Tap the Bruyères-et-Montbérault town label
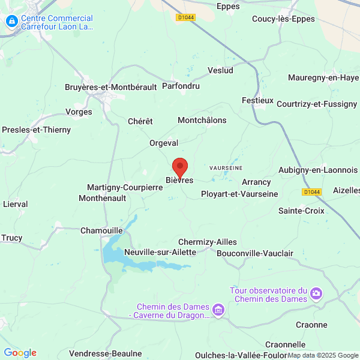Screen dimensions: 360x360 [110, 87]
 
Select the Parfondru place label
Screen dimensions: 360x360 [181, 86]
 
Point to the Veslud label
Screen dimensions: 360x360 [220, 70]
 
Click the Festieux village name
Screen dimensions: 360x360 [257, 100]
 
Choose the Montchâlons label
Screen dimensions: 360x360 [202, 120]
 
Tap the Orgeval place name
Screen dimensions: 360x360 [164, 143]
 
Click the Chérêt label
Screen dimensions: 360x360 [140, 121]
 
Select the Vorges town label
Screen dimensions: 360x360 [79, 112]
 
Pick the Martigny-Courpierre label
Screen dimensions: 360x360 [125, 187]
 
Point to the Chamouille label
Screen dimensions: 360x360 [101, 230]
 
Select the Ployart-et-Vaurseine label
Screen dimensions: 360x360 [239, 194]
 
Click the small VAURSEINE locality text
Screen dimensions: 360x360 [226, 169]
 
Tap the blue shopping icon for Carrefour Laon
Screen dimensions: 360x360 [11, 22]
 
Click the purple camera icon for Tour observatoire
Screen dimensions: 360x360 [316, 294]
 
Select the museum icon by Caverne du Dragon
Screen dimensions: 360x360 [218, 310]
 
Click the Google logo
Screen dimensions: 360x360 [20, 353]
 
